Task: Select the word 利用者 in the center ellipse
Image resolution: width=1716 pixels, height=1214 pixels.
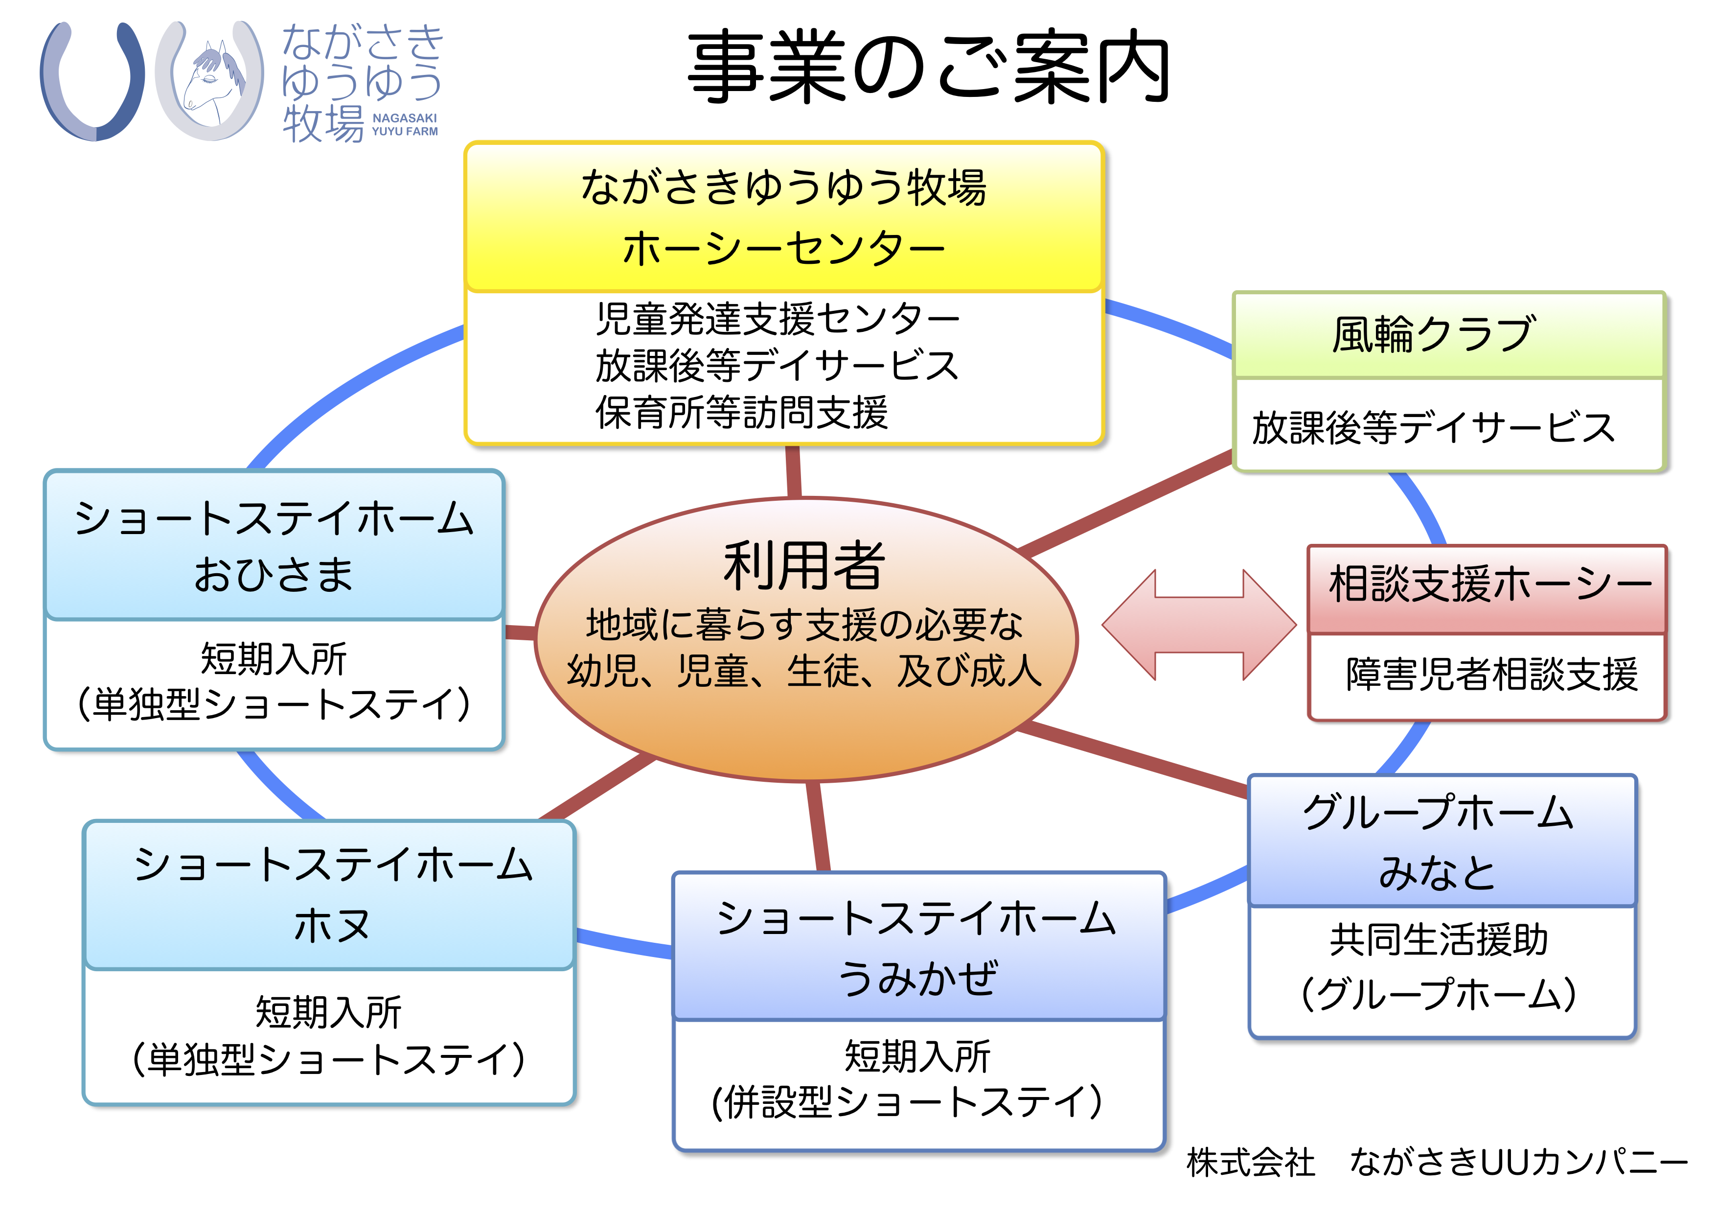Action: tap(804, 566)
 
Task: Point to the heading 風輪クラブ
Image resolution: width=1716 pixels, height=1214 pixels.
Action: tap(1434, 334)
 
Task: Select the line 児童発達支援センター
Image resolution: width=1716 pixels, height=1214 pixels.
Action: tap(778, 319)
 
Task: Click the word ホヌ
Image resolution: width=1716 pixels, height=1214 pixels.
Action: tap(331, 926)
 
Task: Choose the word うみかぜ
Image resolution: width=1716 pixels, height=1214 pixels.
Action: tap(918, 978)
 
